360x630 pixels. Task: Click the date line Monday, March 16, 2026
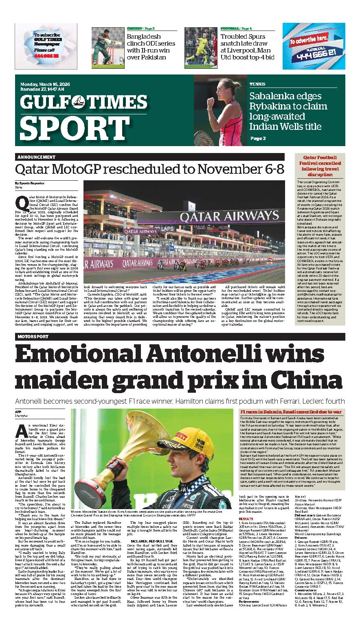[x=45, y=84]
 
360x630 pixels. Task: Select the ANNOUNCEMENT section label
[x=36, y=157]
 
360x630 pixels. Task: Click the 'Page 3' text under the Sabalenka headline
[x=258, y=138]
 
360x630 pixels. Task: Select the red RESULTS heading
[x=246, y=519]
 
